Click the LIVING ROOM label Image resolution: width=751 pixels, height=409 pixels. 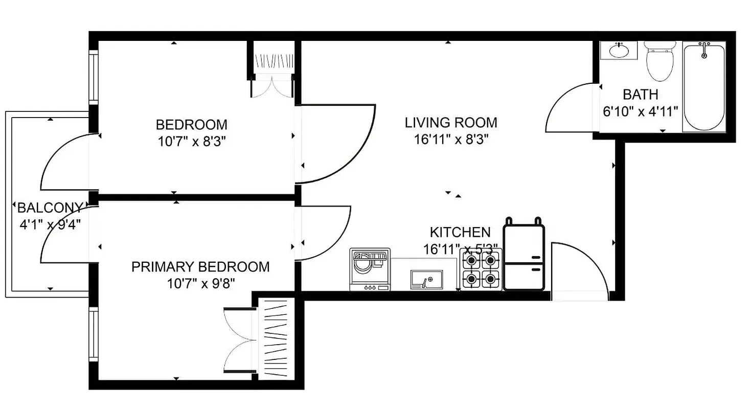(x=451, y=123)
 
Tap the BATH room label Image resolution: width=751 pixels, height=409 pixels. (x=640, y=95)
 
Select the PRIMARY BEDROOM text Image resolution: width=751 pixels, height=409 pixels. (x=200, y=267)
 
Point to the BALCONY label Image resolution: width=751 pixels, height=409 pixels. (x=50, y=208)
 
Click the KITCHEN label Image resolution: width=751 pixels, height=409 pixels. (x=460, y=233)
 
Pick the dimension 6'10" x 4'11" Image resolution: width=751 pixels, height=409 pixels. (x=640, y=111)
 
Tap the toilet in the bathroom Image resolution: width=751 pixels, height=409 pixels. (x=659, y=61)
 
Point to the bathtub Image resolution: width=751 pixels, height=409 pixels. (x=704, y=87)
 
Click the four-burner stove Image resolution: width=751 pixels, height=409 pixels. (x=481, y=270)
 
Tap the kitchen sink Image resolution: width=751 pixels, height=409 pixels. (x=425, y=279)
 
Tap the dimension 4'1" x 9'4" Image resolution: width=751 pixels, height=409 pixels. (x=50, y=223)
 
